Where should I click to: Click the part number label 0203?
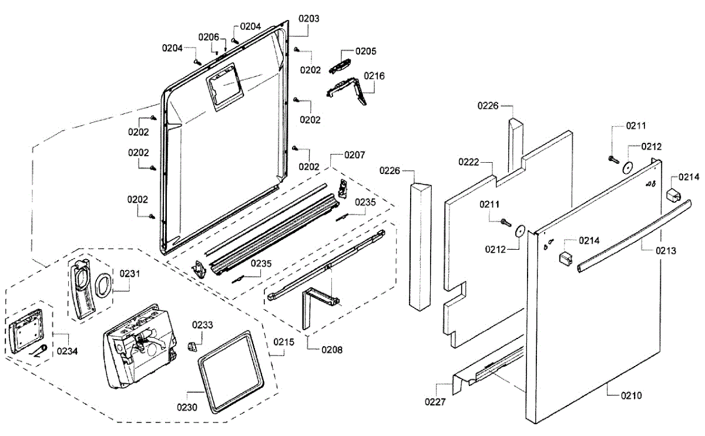pos(309,19)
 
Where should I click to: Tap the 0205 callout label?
pos(365,51)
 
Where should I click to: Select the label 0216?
pos(374,76)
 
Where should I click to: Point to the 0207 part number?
pos(355,155)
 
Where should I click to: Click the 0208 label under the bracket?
pos(332,350)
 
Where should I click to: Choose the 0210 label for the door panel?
pos(632,395)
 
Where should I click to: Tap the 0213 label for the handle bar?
pos(666,251)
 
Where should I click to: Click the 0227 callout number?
pos(435,402)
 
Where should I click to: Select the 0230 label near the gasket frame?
pos(187,407)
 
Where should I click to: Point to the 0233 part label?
pos(202,325)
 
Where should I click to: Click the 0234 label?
pos(67,351)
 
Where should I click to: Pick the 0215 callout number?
pos(284,342)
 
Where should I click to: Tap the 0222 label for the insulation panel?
pos(469,162)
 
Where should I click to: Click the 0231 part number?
pos(130,274)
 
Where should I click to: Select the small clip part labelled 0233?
pos(192,347)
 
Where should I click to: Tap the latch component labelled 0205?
pos(340,66)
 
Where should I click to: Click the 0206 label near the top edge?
pos(209,38)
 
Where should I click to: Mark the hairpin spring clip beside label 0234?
pos(39,351)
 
